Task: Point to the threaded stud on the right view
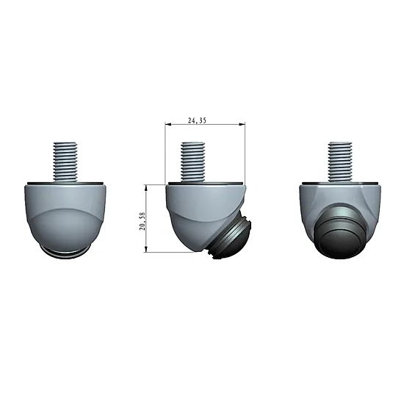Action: pyautogui.click(x=342, y=161)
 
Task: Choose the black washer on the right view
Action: pyautogui.click(x=342, y=181)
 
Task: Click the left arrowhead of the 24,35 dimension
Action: pyautogui.click(x=168, y=124)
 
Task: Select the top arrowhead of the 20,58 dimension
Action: pyautogui.click(x=149, y=187)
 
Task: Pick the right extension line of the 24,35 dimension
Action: pyautogui.click(x=245, y=169)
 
